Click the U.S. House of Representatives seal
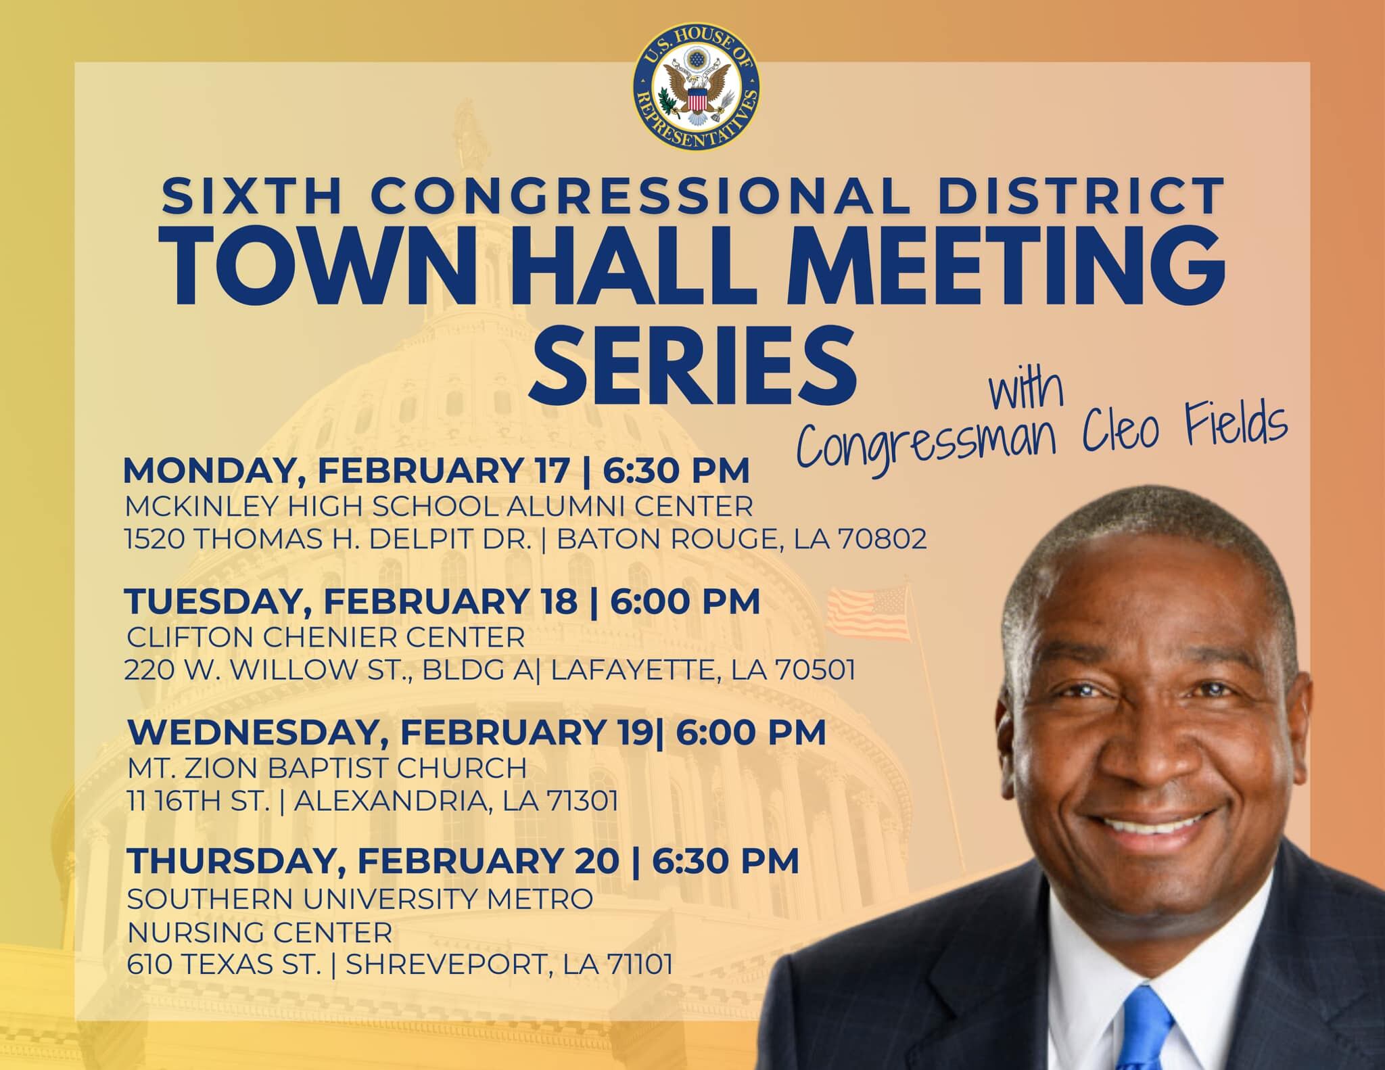click(696, 89)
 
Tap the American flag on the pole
click(870, 613)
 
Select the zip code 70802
click(882, 540)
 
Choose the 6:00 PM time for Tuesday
click(686, 602)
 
